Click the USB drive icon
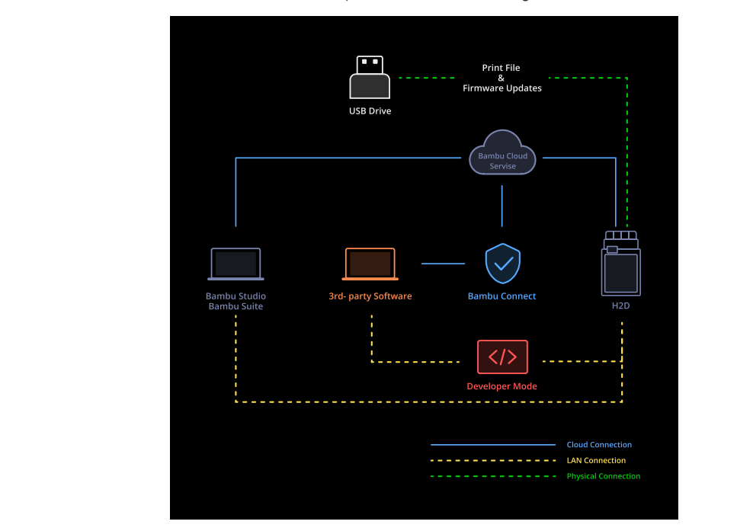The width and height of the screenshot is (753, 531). click(x=370, y=77)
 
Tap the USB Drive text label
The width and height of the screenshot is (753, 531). click(x=370, y=111)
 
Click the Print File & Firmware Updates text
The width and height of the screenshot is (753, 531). click(x=501, y=78)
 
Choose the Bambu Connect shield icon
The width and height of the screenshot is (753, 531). click(x=502, y=264)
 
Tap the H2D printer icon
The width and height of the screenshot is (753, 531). click(x=620, y=264)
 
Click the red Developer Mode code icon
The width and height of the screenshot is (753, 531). click(x=502, y=357)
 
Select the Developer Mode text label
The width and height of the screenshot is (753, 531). click(x=501, y=386)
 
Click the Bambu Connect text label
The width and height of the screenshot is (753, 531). click(x=501, y=296)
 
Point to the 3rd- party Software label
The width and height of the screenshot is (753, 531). click(x=370, y=296)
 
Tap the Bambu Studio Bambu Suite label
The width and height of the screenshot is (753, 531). click(x=236, y=301)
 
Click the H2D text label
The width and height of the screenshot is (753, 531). click(x=620, y=306)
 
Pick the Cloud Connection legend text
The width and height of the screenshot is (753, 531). click(x=598, y=445)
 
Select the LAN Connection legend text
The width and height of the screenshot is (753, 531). click(x=596, y=461)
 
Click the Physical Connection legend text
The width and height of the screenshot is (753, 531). click(x=603, y=476)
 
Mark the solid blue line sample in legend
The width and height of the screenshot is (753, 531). click(x=492, y=445)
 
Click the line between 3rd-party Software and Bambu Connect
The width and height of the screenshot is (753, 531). click(x=443, y=264)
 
